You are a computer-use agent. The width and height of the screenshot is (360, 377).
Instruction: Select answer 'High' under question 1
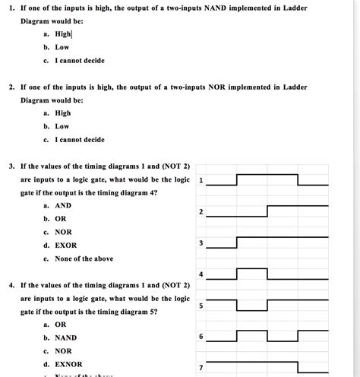coord(63,34)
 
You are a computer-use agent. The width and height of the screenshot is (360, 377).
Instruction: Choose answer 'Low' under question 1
coord(62,47)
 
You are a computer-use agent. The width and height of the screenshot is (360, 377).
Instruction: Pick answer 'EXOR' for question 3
coord(66,246)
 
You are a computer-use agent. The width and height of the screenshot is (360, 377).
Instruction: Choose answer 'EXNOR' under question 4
coord(68,364)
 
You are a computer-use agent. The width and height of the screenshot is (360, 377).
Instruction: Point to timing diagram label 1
coord(201,180)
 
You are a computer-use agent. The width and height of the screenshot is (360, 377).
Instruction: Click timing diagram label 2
coord(201,211)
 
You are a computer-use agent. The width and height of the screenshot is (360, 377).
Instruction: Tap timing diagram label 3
coord(201,242)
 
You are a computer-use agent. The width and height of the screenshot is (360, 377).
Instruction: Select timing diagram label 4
coord(201,274)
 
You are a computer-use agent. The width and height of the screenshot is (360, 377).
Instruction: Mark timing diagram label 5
coord(201,306)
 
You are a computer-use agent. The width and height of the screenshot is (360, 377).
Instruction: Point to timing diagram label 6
coord(201,337)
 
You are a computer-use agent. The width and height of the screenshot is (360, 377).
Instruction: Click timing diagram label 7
coord(201,368)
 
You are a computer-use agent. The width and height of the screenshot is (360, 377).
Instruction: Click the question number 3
coord(11,166)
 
